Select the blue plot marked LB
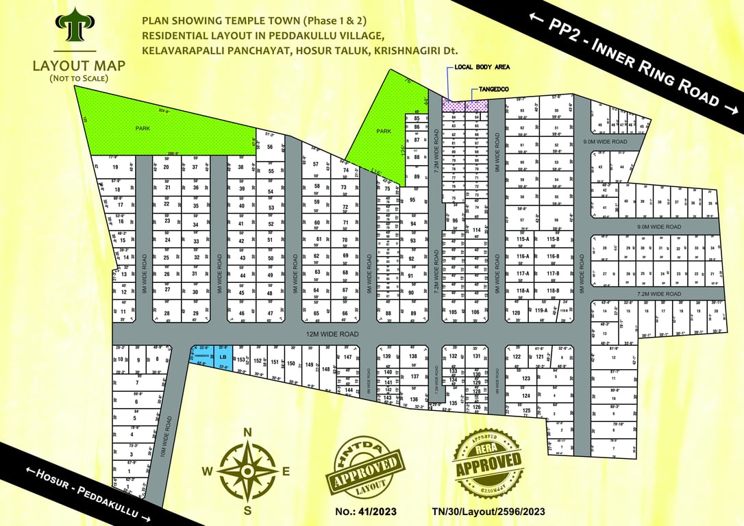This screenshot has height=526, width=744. (x=223, y=357)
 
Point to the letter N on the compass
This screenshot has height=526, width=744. (x=249, y=432)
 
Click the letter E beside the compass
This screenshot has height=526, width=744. (x=286, y=471)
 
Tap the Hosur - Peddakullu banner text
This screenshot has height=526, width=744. (x=82, y=492)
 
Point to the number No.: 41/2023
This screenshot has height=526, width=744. (x=366, y=511)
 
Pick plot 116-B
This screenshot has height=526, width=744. (x=554, y=256)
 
